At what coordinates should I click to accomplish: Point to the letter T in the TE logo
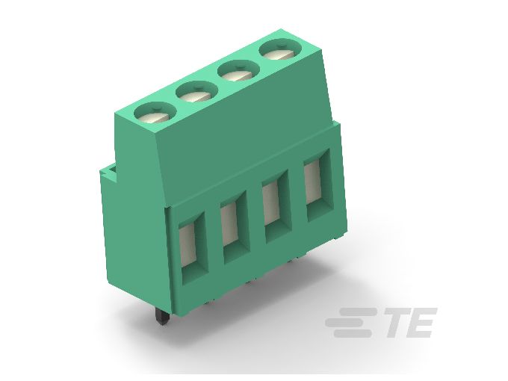(396, 323)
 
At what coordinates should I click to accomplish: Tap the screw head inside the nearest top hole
(155, 116)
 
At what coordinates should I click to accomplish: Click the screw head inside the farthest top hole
(276, 54)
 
